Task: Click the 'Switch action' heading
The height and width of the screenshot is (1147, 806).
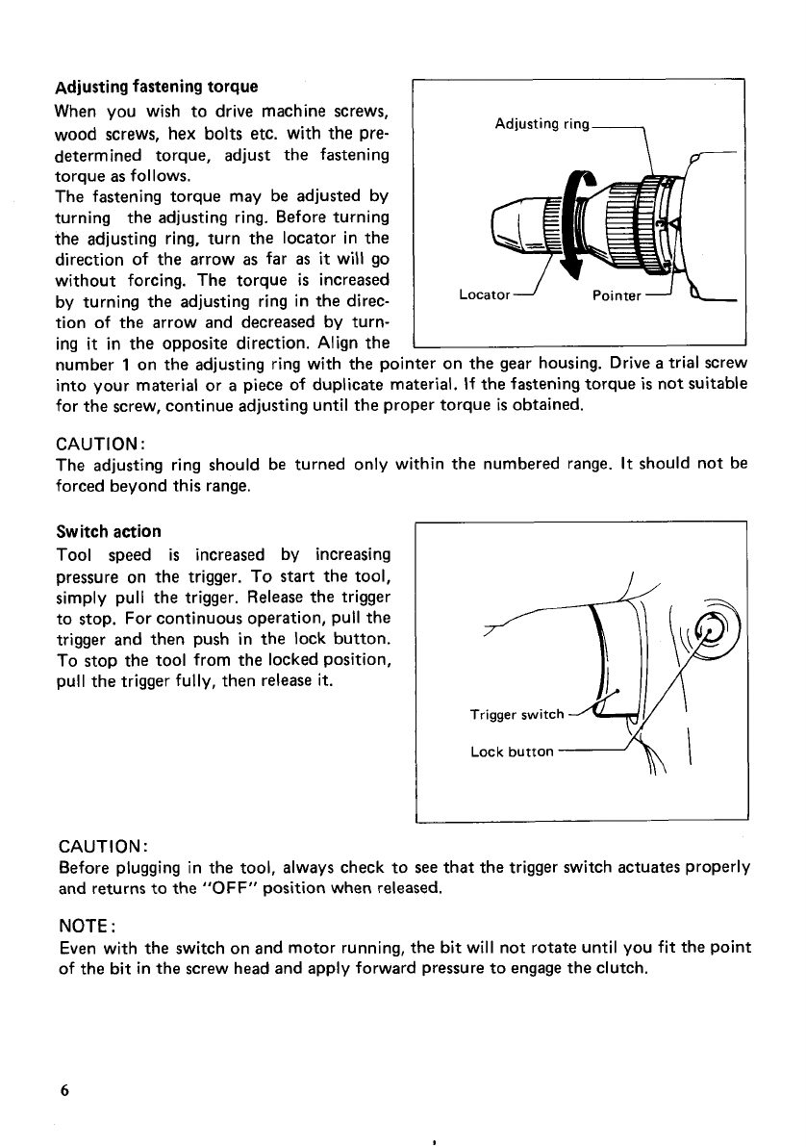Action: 109,531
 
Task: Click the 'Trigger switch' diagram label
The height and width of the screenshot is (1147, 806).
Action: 516,714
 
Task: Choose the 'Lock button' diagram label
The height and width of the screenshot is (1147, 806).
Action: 511,752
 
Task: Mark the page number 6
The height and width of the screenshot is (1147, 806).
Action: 63,1090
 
